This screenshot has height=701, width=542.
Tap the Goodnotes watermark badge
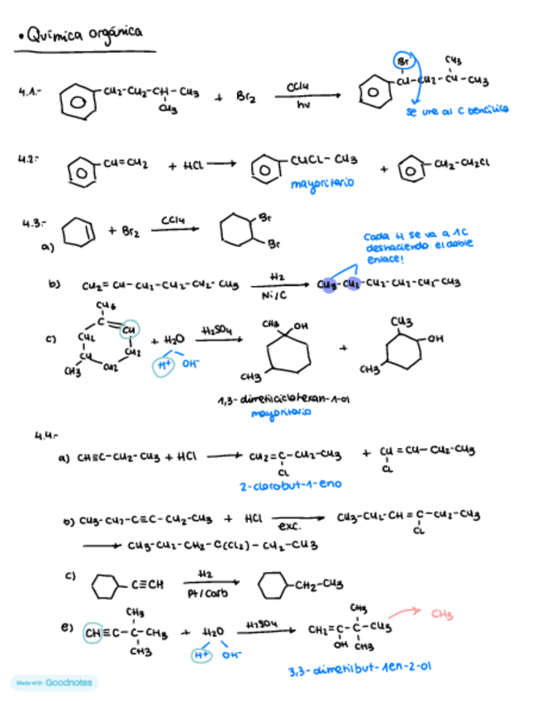[x=55, y=683]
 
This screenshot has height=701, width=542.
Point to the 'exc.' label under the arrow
[x=288, y=527]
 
